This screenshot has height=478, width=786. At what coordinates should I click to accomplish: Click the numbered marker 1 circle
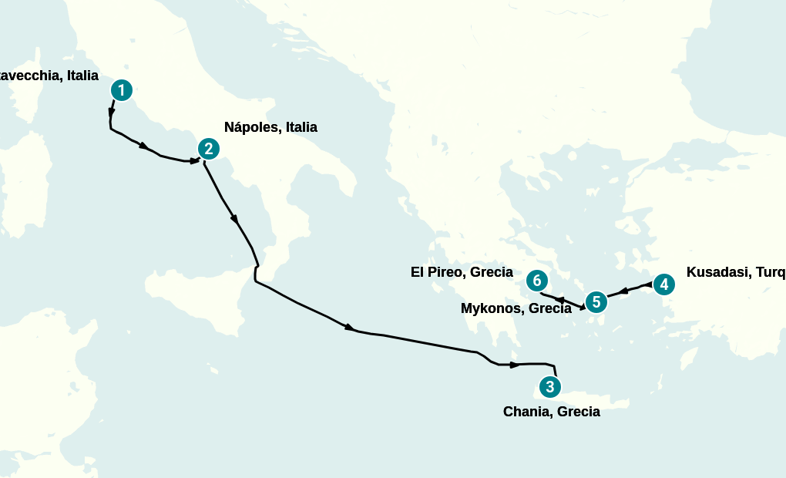tap(121, 90)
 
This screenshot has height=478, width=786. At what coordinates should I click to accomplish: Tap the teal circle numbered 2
tap(208, 149)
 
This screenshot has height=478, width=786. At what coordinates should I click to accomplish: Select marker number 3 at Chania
tap(549, 386)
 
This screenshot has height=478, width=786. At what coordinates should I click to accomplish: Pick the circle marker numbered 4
tap(663, 284)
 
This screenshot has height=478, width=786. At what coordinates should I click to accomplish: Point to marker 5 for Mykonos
tap(596, 302)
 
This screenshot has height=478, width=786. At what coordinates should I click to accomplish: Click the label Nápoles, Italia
tap(270, 127)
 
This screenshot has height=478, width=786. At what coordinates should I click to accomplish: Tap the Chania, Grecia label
tap(551, 412)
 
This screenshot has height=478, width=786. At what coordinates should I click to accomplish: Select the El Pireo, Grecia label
tap(462, 272)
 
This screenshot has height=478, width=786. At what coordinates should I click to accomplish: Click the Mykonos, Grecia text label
tap(516, 308)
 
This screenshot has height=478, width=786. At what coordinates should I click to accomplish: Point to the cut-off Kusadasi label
tap(735, 272)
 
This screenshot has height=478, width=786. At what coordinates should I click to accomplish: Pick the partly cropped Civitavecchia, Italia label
tap(49, 76)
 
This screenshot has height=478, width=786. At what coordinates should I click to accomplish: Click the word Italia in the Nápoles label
tap(301, 127)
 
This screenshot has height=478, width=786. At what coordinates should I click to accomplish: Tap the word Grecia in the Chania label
tap(578, 412)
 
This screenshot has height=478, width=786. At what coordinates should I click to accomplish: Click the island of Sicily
tap(200, 297)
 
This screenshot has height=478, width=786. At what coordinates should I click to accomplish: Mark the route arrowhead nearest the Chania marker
tap(514, 364)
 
